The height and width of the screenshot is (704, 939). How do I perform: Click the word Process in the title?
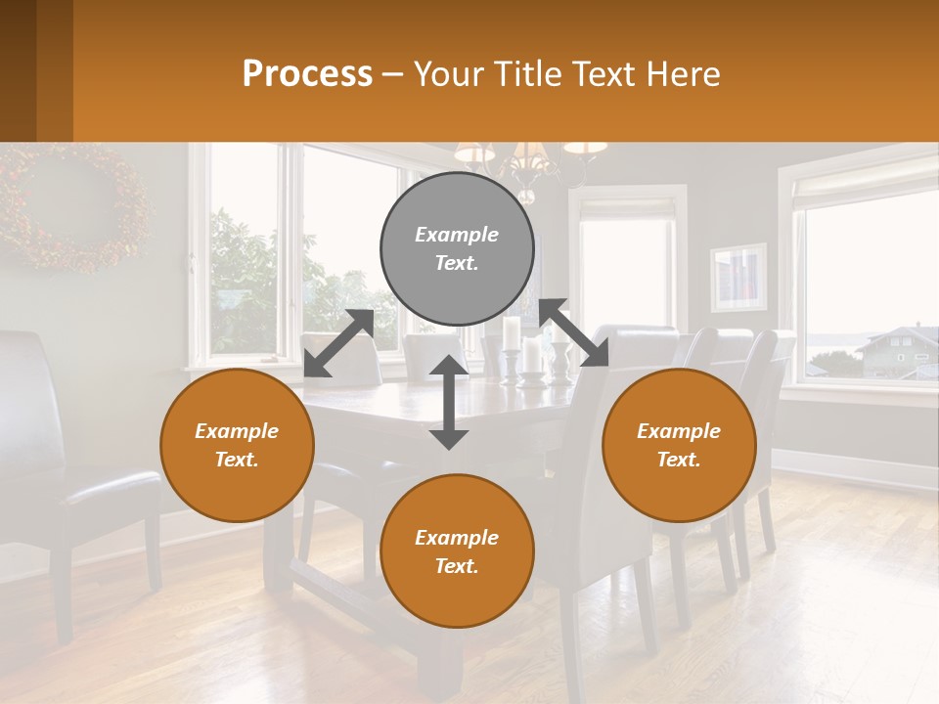point(307,74)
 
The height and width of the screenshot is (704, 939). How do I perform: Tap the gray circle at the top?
point(457,248)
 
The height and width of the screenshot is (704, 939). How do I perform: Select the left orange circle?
point(237,445)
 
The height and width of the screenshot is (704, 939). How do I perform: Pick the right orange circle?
point(679,445)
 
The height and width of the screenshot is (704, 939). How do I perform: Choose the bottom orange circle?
point(457,551)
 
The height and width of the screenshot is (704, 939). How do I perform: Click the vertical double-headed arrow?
point(449,402)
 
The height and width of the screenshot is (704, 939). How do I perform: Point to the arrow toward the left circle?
point(338,342)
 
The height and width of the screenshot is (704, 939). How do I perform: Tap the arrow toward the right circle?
point(574,333)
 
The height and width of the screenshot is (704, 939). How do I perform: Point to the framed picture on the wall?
point(738,278)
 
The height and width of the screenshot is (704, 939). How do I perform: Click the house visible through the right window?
point(897,353)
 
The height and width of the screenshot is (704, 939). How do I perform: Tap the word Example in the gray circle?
point(457,235)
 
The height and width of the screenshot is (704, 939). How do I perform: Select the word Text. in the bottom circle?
point(457,566)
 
